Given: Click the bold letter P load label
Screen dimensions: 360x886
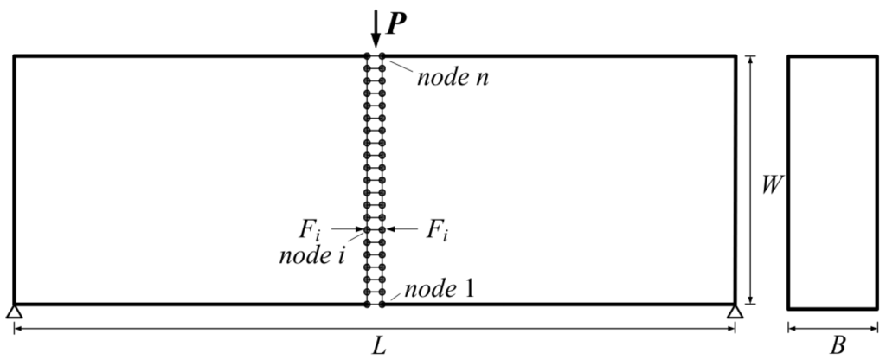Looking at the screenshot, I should coord(396,23).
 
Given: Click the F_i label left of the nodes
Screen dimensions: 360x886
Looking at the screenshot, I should coord(314,229).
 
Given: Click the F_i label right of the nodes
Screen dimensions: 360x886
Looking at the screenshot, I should coord(434,229).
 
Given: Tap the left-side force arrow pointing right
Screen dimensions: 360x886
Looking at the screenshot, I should coord(347,229).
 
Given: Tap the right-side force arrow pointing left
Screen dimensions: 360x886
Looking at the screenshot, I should coord(401,229).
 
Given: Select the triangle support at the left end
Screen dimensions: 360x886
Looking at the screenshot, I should coord(14,312).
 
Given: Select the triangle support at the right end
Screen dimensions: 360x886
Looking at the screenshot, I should coord(735,312).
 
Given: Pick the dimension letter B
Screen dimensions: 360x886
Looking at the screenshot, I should coord(837,345).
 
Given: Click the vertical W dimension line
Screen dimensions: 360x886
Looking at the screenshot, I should coord(750,130).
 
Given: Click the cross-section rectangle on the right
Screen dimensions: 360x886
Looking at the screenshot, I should coord(831,182).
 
